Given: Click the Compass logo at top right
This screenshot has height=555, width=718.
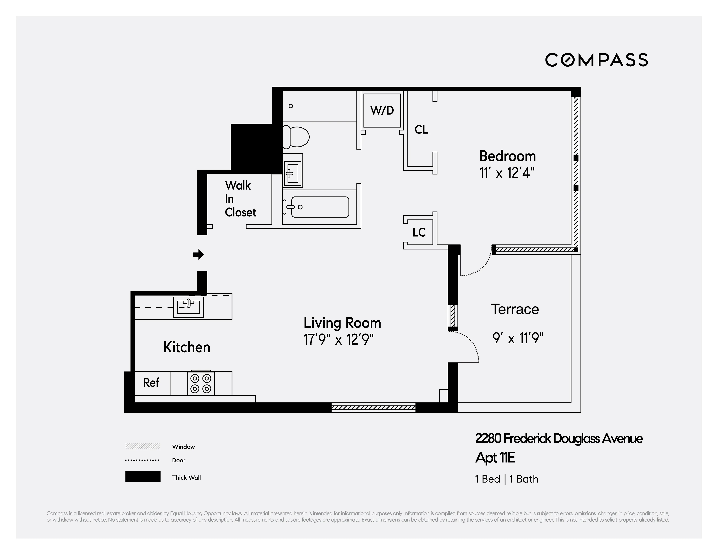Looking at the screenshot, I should pos(596,60).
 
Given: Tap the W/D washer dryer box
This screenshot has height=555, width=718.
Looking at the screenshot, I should pos(382,110).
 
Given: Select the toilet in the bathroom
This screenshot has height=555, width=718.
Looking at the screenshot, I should pos(296,137).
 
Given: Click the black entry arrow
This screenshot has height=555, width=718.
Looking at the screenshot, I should pos(198,255).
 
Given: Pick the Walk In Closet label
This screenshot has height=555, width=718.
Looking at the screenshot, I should pos(240,199).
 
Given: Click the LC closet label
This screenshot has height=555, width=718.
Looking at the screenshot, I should pos(419,232).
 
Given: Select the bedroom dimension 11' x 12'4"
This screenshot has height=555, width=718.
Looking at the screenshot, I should pos(507,173).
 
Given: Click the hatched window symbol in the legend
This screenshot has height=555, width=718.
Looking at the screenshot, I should pos(143,446).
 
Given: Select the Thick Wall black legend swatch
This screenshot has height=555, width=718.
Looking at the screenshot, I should pos(143,477).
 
